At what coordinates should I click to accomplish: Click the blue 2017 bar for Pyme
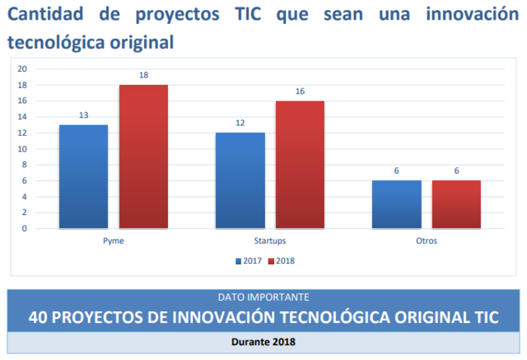(x=83, y=176)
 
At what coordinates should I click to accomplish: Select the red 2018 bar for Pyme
(x=143, y=157)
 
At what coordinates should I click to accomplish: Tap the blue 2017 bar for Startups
(x=240, y=180)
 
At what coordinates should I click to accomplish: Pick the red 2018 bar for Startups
(x=300, y=165)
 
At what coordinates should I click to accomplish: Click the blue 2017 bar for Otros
(x=396, y=204)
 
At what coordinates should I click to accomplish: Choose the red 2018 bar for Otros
(x=456, y=204)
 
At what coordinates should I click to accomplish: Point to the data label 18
(x=143, y=76)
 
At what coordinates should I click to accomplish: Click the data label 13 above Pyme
(x=83, y=115)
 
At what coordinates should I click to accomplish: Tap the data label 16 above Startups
(x=300, y=91)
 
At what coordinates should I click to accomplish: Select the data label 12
(x=240, y=124)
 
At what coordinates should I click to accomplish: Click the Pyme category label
(x=114, y=241)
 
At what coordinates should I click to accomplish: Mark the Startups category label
(x=270, y=241)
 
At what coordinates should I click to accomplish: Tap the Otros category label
(x=427, y=241)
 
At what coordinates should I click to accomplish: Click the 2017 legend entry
(x=247, y=261)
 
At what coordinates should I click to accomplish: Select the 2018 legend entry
(x=282, y=261)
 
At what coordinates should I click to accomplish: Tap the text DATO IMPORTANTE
(x=263, y=297)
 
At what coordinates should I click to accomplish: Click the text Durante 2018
(x=263, y=341)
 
